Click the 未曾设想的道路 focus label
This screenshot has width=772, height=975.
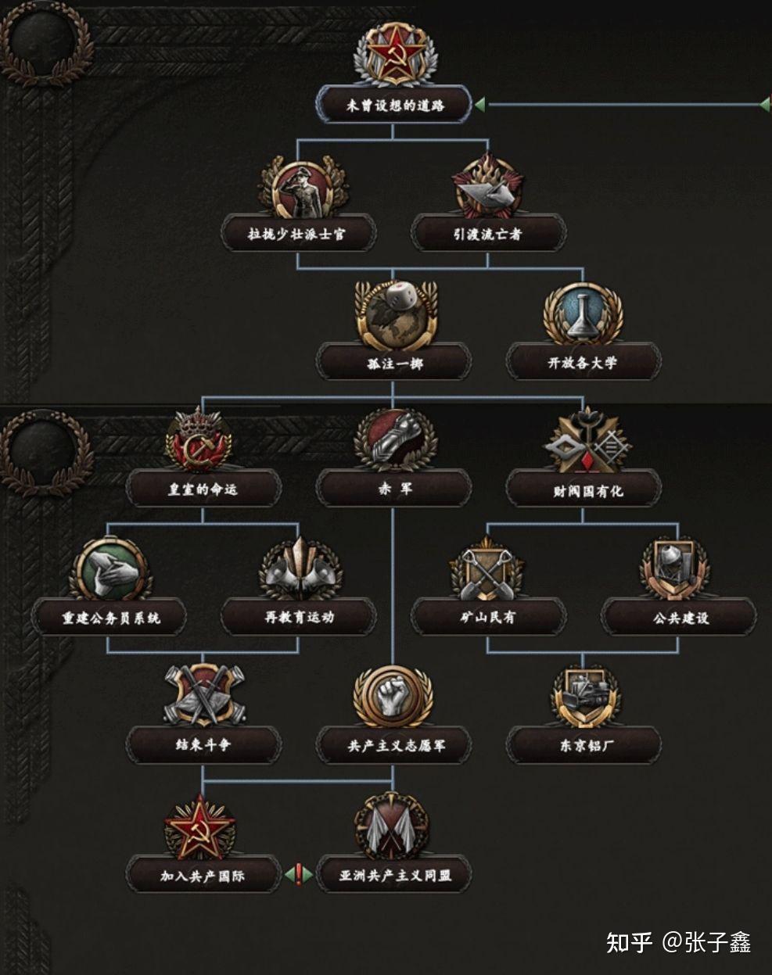(x=393, y=105)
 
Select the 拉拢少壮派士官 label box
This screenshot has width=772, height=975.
(x=298, y=233)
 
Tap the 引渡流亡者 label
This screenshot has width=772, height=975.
(x=488, y=233)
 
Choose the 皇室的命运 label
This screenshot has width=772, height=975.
(x=203, y=489)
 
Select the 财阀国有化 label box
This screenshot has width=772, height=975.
(x=583, y=490)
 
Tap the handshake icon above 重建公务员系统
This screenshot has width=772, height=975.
(x=109, y=569)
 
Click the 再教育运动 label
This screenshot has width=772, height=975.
(x=299, y=617)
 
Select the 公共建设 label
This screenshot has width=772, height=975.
(x=679, y=617)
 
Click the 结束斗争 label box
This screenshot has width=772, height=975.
(x=203, y=745)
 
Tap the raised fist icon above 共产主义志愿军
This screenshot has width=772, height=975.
(x=393, y=696)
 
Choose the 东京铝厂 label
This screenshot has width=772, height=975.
(x=583, y=745)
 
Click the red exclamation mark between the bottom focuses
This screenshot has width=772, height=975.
(x=298, y=873)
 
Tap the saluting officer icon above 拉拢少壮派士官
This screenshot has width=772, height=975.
(x=298, y=188)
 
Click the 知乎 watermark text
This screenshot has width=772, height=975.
(x=629, y=942)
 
